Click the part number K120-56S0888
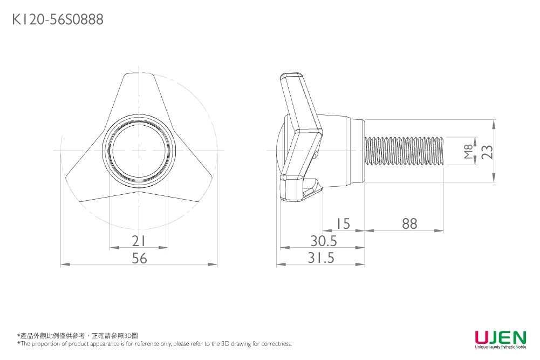(x=58, y=19)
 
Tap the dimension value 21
(x=139, y=241)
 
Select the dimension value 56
(x=139, y=258)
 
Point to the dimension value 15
(x=343, y=224)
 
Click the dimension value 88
(x=409, y=224)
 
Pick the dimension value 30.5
(x=323, y=241)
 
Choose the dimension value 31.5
(x=320, y=257)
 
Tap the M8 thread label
(x=468, y=151)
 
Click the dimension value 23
(x=487, y=152)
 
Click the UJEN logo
(x=501, y=337)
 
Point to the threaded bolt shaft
(x=404, y=151)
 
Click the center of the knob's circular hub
(x=139, y=151)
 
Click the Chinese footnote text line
(x=78, y=336)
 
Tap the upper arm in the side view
(x=299, y=103)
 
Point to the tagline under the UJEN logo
(x=501, y=347)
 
